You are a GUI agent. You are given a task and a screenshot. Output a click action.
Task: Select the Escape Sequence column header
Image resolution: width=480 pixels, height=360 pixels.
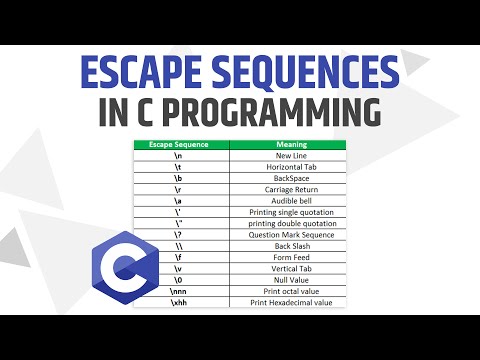click(181, 145)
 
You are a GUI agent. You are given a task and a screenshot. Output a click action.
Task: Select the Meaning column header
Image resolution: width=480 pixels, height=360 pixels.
click(290, 145)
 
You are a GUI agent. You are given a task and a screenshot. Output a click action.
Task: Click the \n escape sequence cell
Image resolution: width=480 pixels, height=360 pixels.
click(181, 156)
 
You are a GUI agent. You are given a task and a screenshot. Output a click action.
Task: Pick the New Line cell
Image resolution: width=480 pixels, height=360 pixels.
click(290, 156)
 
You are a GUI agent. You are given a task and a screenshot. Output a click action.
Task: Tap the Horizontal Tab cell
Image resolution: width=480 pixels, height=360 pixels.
click(290, 167)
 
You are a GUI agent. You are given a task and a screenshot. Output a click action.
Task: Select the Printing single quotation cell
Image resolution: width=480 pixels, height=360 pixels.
click(290, 212)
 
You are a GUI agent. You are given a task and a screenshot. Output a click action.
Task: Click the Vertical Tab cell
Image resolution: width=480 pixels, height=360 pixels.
click(290, 268)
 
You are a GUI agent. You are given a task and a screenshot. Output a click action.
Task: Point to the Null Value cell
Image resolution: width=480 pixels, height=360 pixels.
click(290, 279)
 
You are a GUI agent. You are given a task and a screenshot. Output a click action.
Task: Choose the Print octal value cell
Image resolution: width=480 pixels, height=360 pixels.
click(290, 290)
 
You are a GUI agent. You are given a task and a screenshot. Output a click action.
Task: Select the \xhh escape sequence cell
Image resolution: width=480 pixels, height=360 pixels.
click(181, 301)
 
